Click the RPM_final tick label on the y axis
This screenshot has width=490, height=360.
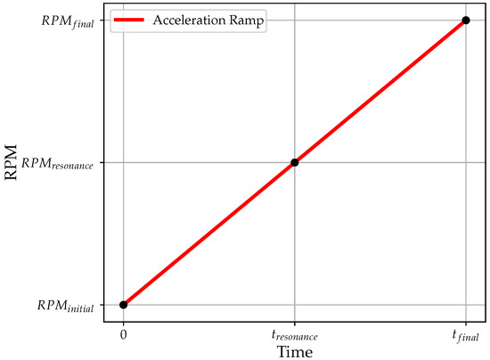tap(74, 20)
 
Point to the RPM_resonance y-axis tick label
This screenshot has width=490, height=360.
tap(64, 163)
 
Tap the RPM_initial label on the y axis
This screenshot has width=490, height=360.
tap(71, 306)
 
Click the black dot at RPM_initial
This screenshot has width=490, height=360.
tap(123, 305)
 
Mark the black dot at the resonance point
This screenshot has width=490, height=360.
tap(294, 162)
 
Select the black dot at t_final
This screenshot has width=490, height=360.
tap(465, 20)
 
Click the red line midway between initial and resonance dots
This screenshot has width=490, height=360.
tap(208, 233)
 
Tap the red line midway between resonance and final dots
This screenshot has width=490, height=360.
tap(380, 91)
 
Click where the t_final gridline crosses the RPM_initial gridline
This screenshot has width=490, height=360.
tap(465, 305)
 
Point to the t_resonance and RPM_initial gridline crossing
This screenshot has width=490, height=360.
tap(294, 305)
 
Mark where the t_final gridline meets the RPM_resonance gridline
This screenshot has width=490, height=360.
tap(465, 162)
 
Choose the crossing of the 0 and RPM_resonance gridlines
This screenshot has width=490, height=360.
tap(123, 162)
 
